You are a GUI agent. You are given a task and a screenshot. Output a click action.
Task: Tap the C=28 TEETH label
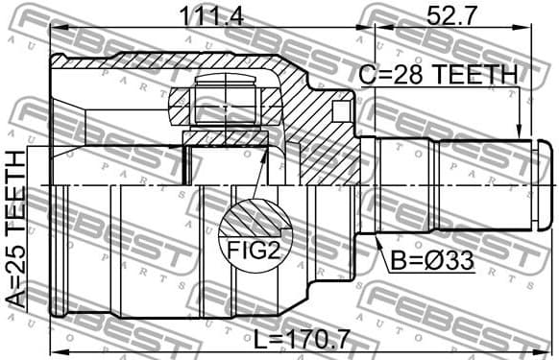click(438, 75)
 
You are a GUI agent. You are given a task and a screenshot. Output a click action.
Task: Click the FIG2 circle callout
click(254, 234)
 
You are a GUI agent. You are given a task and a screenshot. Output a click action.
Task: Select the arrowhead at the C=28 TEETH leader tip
click(520, 136)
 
